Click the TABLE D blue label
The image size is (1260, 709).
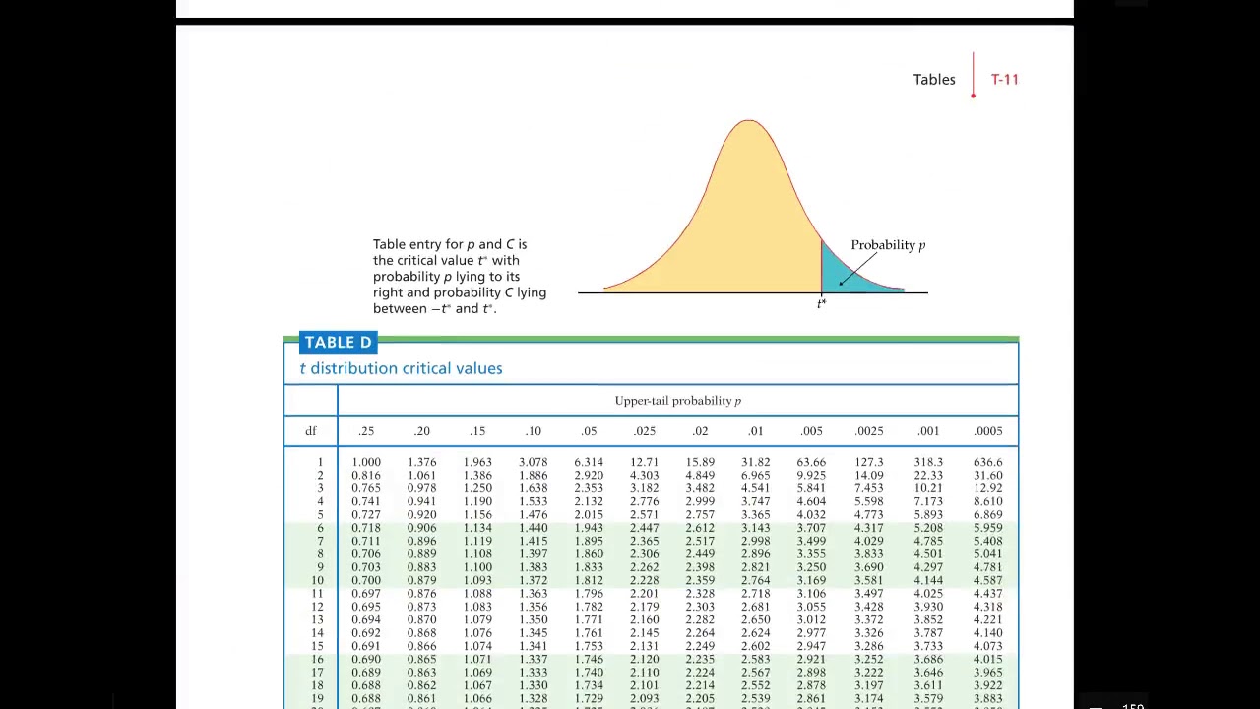tap(338, 343)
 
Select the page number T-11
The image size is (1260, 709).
tap(1004, 80)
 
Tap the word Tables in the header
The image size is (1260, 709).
tap(933, 80)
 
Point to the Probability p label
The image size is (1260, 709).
tap(888, 245)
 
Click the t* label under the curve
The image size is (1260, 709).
tap(821, 303)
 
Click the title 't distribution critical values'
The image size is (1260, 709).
tap(401, 368)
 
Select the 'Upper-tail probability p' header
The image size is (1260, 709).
tap(677, 401)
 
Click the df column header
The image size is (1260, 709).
tap(311, 431)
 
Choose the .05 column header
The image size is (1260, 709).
tap(589, 431)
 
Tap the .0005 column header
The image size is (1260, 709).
tap(987, 431)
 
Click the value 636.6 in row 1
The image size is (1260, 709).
tap(987, 462)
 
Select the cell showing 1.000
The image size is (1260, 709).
tap(366, 462)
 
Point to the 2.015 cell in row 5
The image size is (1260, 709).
tap(589, 515)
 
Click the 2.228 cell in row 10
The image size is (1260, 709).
tap(644, 580)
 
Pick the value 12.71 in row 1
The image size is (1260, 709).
tap(644, 462)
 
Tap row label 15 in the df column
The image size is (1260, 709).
tap(317, 646)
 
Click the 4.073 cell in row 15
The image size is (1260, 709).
tap(987, 646)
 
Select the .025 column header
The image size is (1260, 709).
tap(644, 431)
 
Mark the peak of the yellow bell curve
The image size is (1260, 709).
tap(749, 122)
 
